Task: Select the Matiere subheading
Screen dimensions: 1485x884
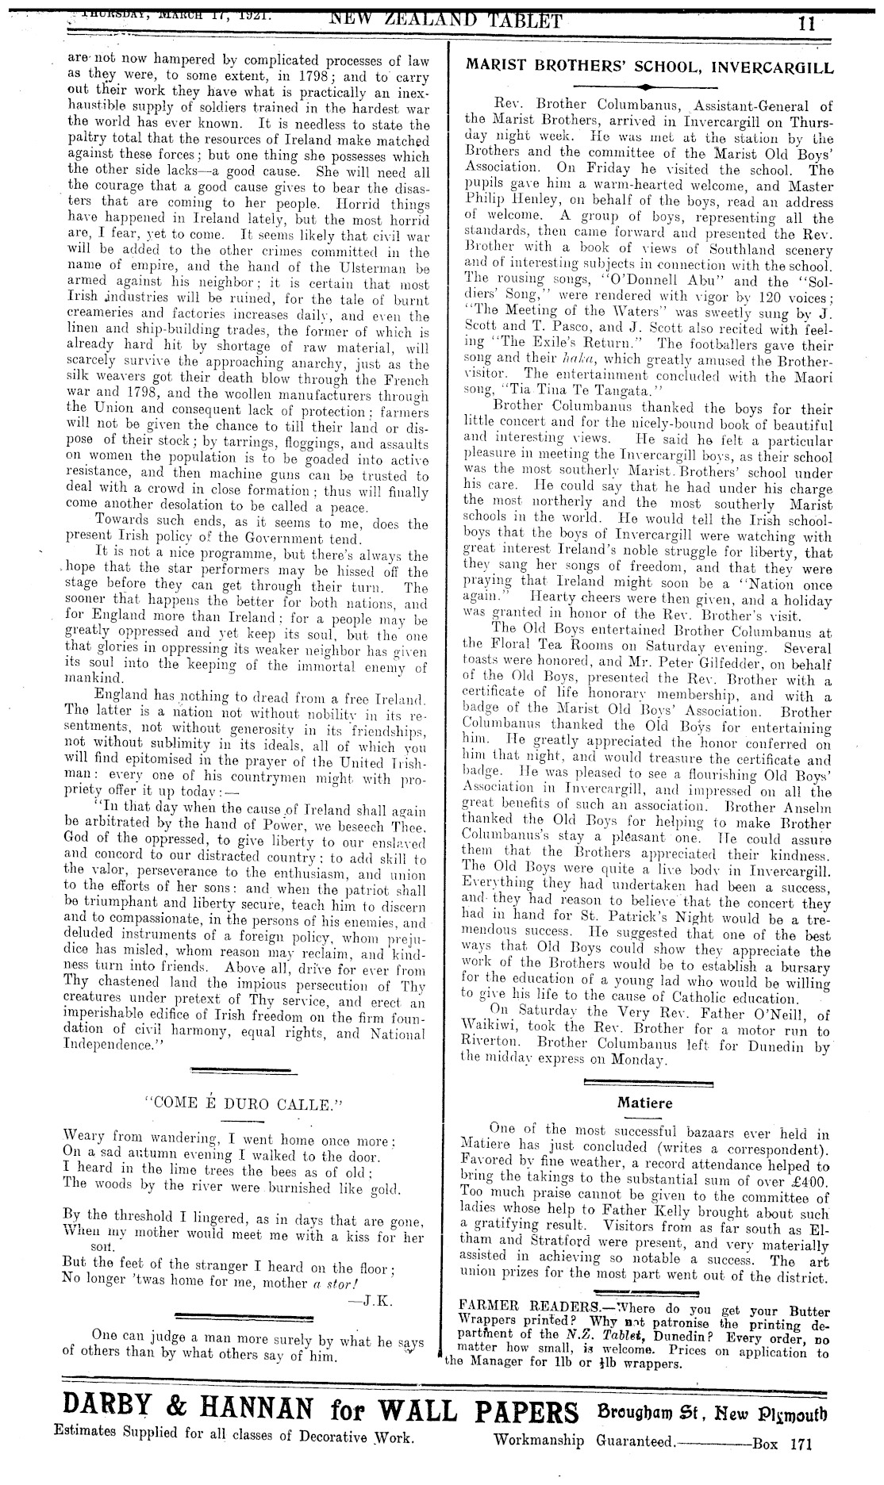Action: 644,1102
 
